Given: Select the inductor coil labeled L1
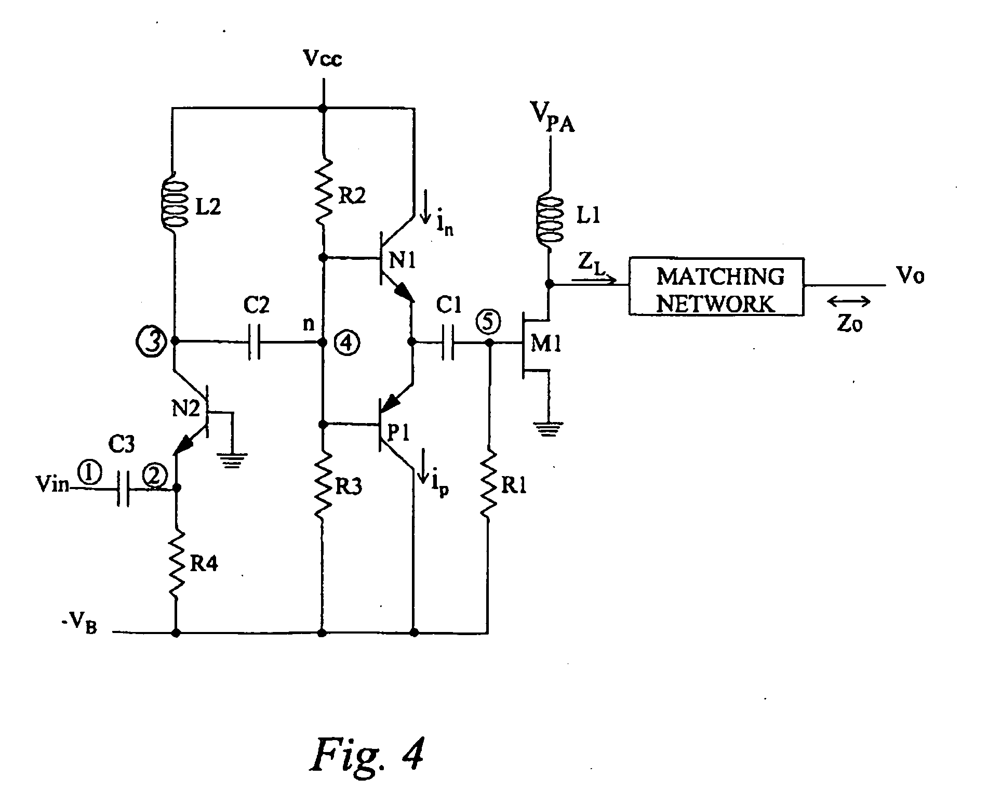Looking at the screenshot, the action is [x=550, y=217].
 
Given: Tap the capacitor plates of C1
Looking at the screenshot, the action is [x=448, y=342].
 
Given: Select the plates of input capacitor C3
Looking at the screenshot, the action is [x=124, y=489].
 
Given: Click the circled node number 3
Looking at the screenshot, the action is [x=152, y=341].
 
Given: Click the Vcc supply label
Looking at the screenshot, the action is [x=323, y=60].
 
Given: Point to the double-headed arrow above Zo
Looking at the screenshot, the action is [x=850, y=301].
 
